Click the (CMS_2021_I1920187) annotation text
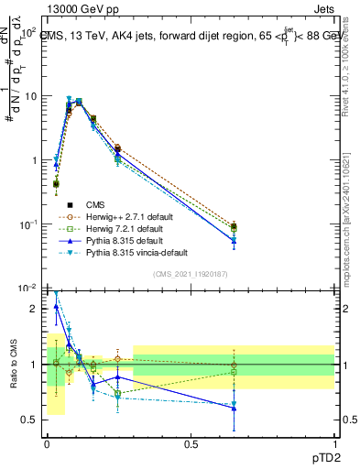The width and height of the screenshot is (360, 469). click(x=191, y=274)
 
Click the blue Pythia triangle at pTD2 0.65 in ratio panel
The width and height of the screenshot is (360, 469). click(x=234, y=409)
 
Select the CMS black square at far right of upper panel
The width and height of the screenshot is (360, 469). click(x=234, y=226)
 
